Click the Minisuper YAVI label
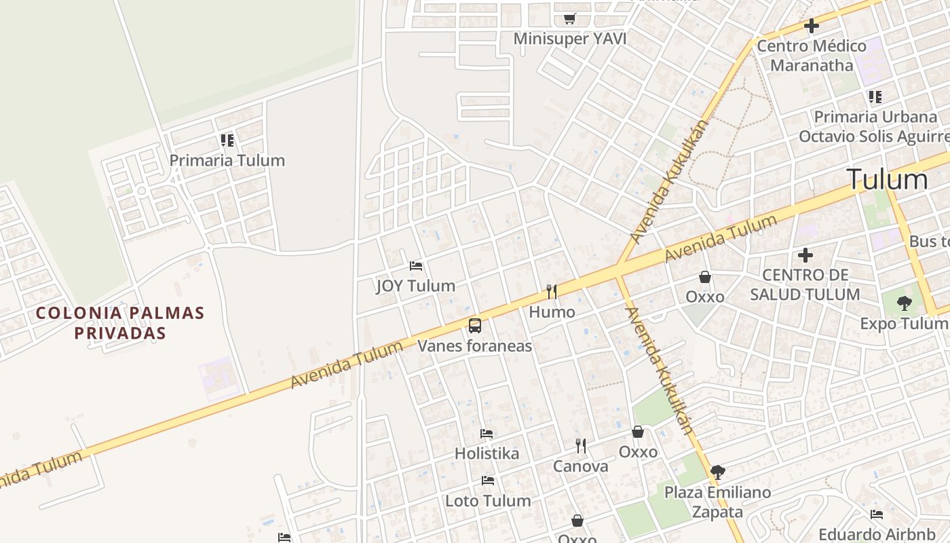569,39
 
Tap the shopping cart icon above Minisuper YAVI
569,19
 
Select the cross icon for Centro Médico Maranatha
811,26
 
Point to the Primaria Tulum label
227,161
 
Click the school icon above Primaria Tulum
227,141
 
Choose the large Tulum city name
887,180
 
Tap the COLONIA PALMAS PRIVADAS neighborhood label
120,323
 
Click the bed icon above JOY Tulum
416,265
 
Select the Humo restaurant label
552,312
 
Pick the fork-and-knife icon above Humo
552,292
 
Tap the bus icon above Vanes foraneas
475,326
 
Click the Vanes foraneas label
474,346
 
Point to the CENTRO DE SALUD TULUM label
805,285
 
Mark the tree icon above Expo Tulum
904,303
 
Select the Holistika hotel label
487,453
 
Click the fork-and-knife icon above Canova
581,446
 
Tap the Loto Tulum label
488,501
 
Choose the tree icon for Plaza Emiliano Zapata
717,472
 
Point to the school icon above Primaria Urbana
875,97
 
